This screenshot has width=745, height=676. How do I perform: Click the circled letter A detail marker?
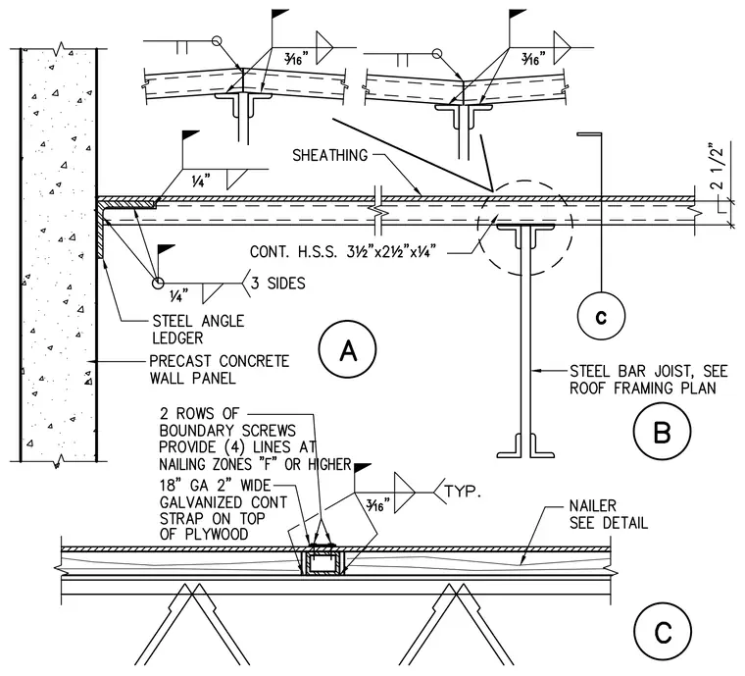click(x=348, y=350)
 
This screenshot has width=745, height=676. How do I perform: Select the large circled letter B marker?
click(x=662, y=431)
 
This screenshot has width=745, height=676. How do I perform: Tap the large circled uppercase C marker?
click(x=663, y=632)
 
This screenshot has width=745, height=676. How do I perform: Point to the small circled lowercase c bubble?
click(x=601, y=316)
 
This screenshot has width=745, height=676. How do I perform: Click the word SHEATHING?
click(x=329, y=155)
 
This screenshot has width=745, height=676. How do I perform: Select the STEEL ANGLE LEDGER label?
click(x=198, y=330)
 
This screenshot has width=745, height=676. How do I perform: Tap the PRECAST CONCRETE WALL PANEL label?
click(x=219, y=369)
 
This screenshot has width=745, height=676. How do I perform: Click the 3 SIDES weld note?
click(x=278, y=284)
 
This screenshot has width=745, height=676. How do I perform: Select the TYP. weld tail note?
click(x=463, y=492)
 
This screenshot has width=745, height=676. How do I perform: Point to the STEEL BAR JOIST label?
click(x=649, y=380)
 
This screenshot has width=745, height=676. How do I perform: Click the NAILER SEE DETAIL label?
click(x=609, y=514)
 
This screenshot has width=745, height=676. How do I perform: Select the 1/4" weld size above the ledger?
click(x=201, y=181)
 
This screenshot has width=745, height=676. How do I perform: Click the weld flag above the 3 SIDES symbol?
click(x=166, y=249)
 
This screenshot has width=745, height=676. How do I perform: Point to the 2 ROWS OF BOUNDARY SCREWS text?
click(x=227, y=422)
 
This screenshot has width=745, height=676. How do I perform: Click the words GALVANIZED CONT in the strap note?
click(x=223, y=502)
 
